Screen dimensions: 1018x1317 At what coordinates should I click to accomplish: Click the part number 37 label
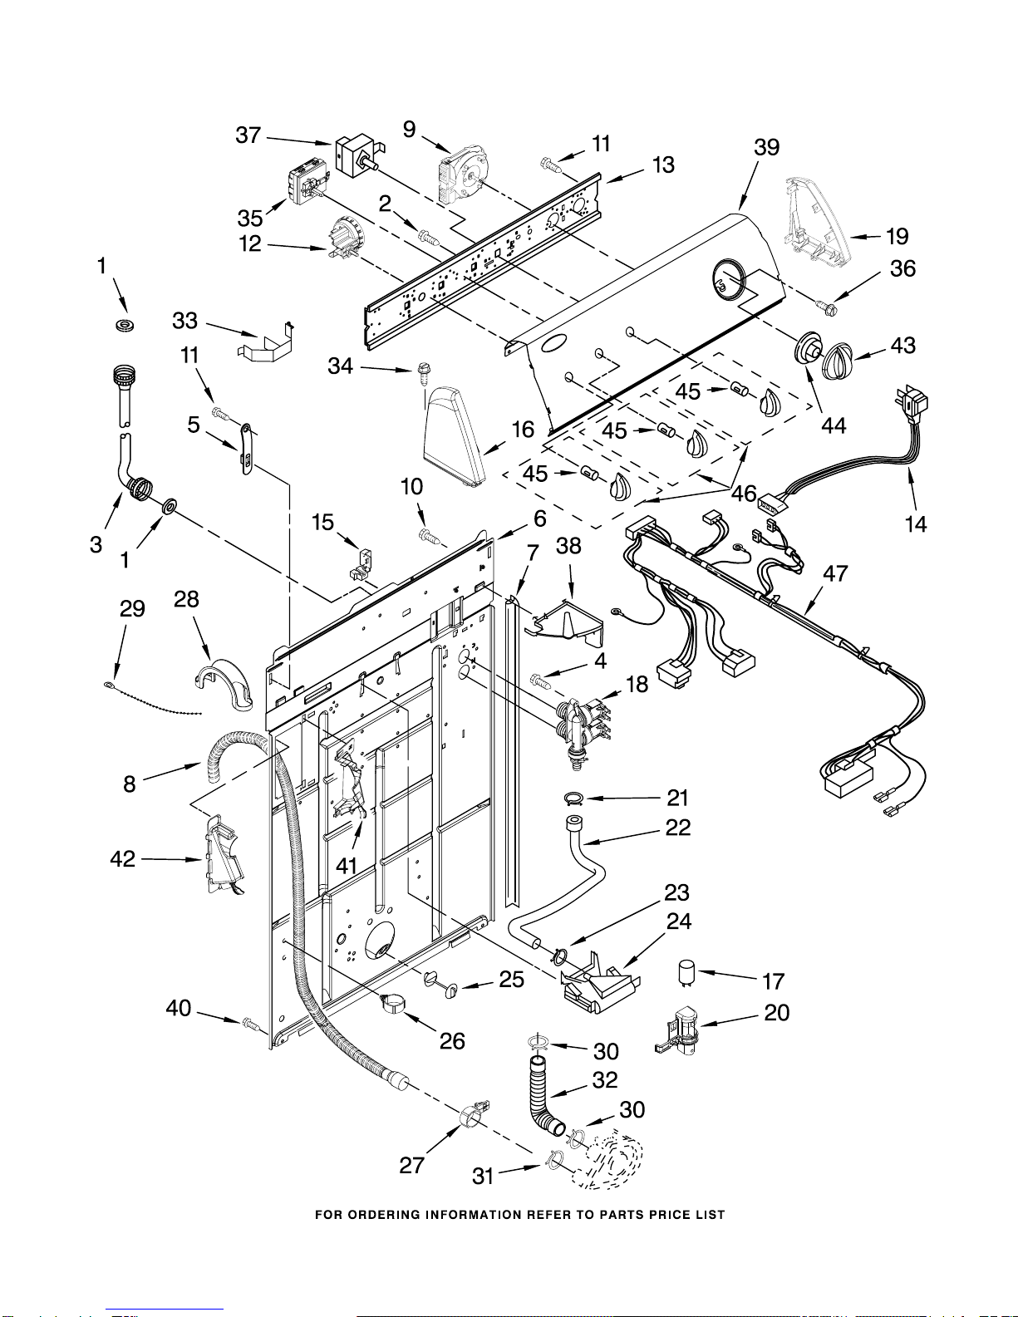point(248,135)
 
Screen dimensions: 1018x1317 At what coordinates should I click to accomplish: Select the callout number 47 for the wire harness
point(835,573)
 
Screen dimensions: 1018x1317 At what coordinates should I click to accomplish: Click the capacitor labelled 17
point(686,971)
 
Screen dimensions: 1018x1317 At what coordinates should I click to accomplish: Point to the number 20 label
point(777,1012)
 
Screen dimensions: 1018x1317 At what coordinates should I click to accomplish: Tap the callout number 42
point(122,858)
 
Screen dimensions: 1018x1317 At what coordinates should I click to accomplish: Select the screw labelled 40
point(250,1024)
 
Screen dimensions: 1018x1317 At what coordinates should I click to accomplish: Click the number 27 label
point(411,1165)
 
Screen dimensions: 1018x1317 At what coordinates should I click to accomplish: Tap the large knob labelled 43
point(838,360)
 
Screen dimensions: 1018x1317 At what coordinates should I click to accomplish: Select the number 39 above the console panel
point(766,147)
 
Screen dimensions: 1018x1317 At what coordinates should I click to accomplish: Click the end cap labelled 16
point(454,435)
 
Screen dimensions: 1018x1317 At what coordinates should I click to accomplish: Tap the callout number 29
point(132,608)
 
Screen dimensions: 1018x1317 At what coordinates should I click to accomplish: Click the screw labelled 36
point(824,307)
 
